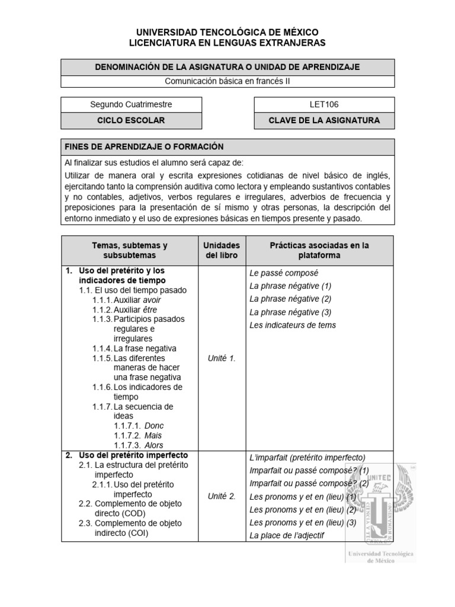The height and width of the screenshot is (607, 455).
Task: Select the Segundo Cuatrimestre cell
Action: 131,104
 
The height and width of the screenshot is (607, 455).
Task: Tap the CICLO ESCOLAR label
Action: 131,120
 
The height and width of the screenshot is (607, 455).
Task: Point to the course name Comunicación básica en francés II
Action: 227,82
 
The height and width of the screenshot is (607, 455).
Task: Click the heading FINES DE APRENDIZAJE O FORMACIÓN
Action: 144,146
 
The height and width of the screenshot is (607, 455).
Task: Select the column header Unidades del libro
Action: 221,250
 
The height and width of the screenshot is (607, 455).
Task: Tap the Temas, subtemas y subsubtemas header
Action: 130,250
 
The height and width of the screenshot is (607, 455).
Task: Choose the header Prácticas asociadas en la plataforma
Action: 319,250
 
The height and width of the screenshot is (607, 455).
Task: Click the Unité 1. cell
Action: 222,358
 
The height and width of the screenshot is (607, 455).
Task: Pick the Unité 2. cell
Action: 222,496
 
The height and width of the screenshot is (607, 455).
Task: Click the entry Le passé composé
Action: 284,273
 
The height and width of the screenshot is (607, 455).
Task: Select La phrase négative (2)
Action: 290,299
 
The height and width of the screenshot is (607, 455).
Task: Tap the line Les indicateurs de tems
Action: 293,325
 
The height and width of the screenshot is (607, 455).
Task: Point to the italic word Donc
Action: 153,426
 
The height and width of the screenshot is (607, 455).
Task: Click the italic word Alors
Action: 153,445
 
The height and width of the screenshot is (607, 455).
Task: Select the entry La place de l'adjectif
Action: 287,536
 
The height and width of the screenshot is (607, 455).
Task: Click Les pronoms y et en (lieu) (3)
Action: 303,522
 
